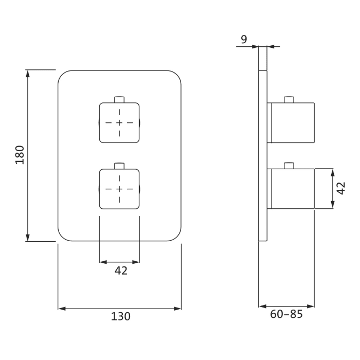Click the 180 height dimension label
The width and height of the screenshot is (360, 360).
tap(20, 155)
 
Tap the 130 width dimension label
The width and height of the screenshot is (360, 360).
tap(121, 316)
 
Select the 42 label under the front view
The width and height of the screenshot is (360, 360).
tap(121, 271)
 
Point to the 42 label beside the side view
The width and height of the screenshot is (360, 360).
tap(341, 188)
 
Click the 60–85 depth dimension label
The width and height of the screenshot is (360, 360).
tap(286, 314)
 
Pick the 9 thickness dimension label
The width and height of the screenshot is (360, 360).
tap(244, 39)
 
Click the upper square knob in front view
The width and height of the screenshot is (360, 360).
tap(119, 123)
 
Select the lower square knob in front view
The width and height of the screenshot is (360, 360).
tap(119, 189)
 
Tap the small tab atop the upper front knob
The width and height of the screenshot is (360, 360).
tap(119, 100)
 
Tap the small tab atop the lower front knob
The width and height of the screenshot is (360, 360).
tap(119, 166)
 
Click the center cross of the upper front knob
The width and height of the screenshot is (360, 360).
tap(119, 123)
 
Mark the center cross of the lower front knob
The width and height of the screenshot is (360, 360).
tap(119, 189)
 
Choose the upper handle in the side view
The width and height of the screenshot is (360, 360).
tap(291, 123)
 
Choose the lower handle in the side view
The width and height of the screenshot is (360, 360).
tap(291, 189)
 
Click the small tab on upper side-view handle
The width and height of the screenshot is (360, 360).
tap(289, 100)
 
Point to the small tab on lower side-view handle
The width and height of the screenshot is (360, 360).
tap(289, 166)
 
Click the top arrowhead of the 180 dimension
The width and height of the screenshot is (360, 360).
tap(28, 74)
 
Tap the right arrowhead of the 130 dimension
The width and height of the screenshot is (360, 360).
tap(177, 309)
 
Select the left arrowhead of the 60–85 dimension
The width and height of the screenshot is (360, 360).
tap(263, 306)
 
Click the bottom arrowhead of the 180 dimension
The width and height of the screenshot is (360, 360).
tap(28, 238)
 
